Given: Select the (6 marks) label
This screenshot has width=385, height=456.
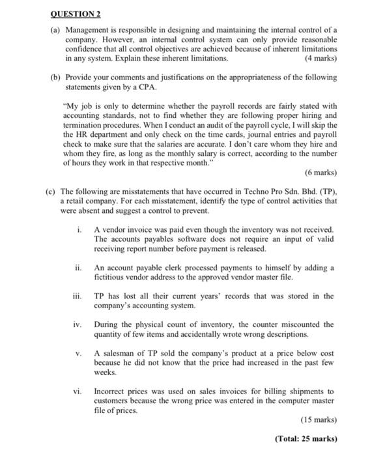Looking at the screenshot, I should click(321, 173).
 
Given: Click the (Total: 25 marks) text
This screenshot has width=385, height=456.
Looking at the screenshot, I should click(306, 438).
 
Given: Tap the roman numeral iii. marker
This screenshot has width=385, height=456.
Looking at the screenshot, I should click(79, 296).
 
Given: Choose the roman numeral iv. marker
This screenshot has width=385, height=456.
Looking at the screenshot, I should click(79, 324).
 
